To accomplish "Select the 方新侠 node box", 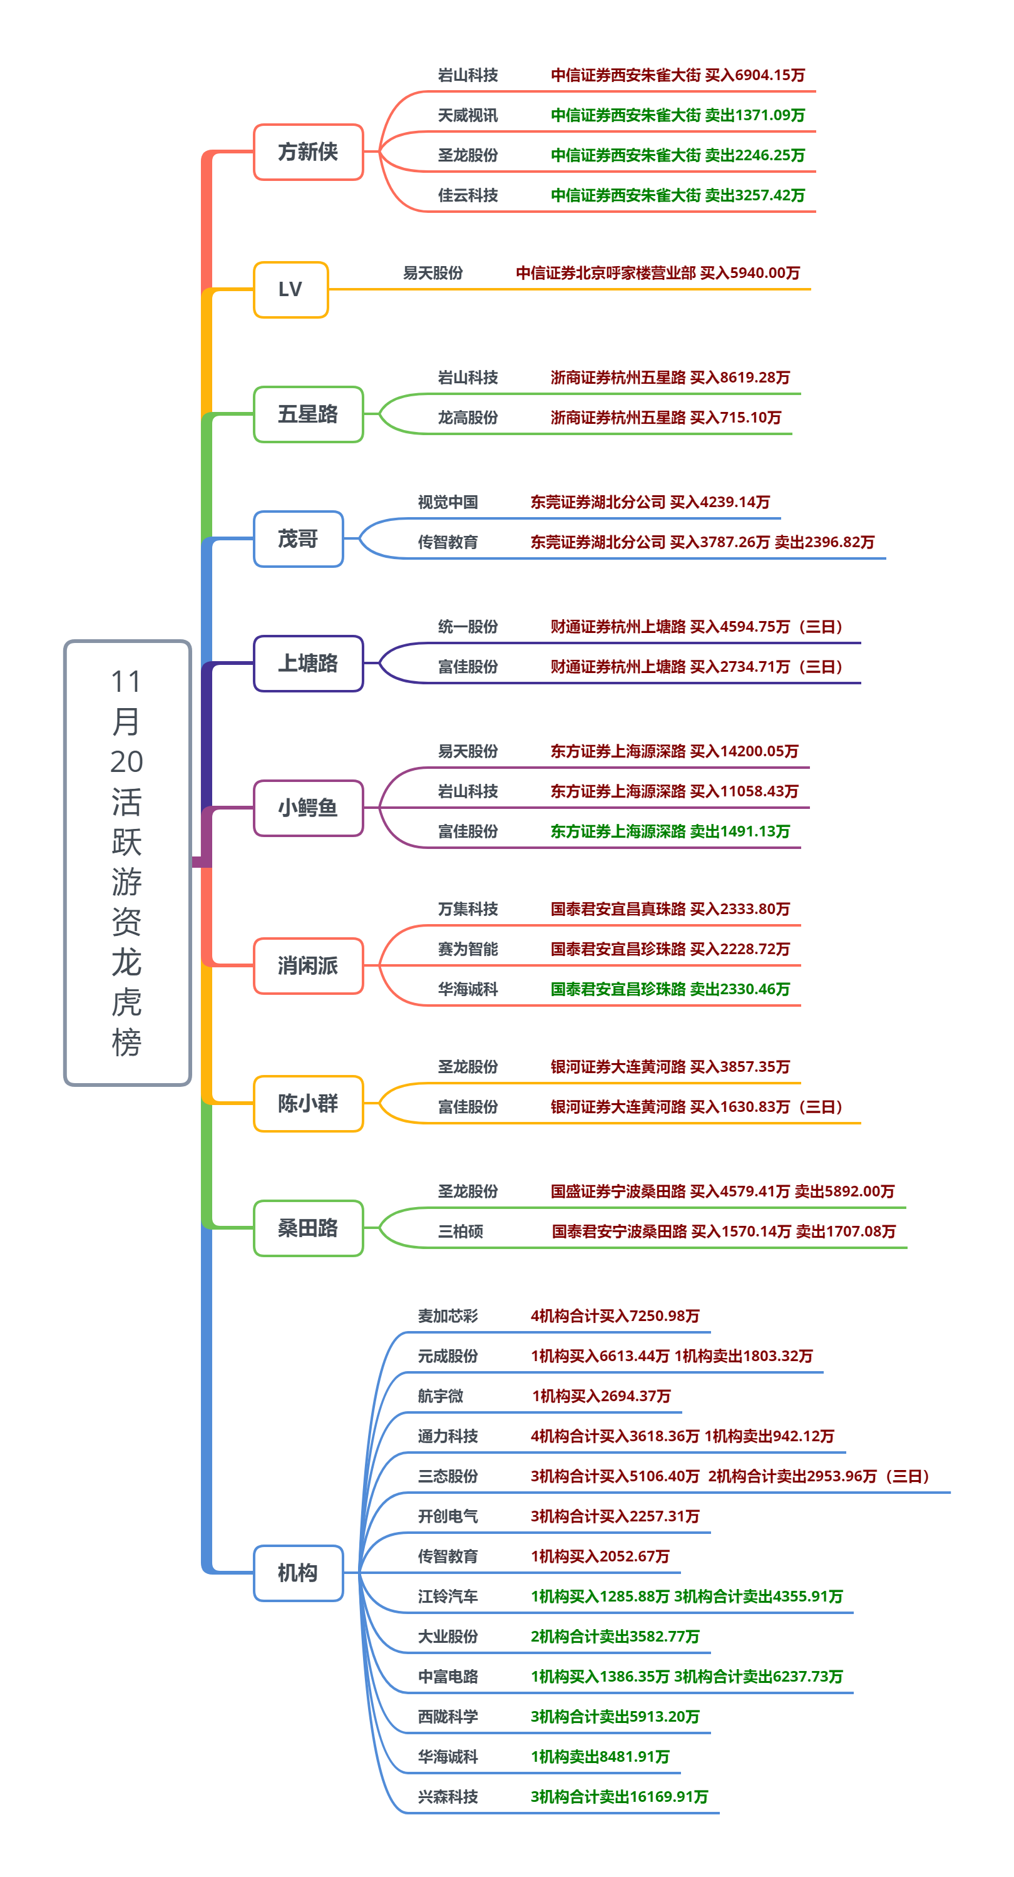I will (x=308, y=152).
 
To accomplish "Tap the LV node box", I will (x=290, y=289).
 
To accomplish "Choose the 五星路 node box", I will (x=308, y=414).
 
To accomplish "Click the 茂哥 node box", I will (x=298, y=538).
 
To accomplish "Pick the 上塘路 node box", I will (x=308, y=663).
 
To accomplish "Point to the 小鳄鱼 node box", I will (x=308, y=808).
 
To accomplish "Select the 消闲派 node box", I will (x=308, y=965).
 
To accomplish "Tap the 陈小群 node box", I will (x=308, y=1103).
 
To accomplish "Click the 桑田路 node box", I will (x=308, y=1228).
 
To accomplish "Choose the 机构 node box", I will (x=298, y=1573).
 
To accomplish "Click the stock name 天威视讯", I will (x=468, y=115).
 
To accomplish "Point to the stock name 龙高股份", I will (x=468, y=418).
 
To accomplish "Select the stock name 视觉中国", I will (x=448, y=502).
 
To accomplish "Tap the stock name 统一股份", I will (x=468, y=627).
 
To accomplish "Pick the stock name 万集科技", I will (x=468, y=908).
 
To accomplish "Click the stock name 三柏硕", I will (x=461, y=1232).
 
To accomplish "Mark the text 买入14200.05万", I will (x=744, y=751).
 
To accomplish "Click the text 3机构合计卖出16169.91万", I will (x=619, y=1796).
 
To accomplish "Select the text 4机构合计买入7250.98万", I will (x=615, y=1315).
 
